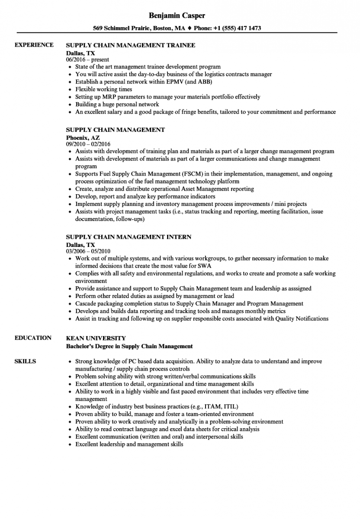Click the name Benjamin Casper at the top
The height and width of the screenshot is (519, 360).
[x=177, y=16]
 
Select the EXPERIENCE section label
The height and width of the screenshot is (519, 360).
[x=34, y=45]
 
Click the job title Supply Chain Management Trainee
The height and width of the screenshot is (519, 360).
[x=130, y=45]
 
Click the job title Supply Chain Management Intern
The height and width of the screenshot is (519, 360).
[x=128, y=237]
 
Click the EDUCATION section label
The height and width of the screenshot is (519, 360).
[x=33, y=338]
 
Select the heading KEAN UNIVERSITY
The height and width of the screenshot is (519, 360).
[x=96, y=338]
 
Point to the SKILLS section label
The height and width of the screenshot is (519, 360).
[x=25, y=361]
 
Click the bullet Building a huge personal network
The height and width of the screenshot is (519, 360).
[x=117, y=104]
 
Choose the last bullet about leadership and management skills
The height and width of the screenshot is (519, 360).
[x=129, y=444]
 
